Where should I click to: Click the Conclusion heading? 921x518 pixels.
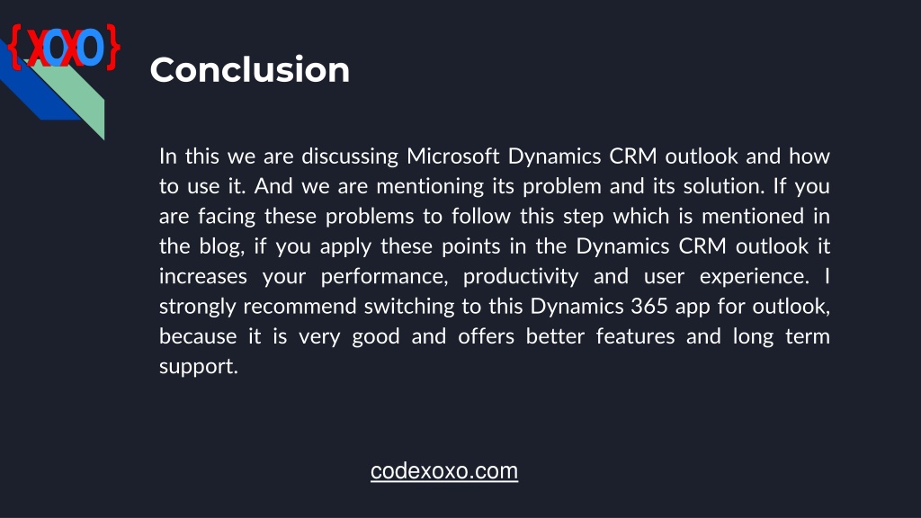click(x=250, y=70)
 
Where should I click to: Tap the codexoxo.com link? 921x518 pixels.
click(x=444, y=471)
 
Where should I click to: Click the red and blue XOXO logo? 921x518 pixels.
click(x=65, y=47)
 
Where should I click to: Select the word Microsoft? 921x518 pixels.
click(x=453, y=156)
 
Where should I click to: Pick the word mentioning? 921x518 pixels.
click(x=430, y=187)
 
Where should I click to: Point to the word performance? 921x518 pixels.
click(x=384, y=277)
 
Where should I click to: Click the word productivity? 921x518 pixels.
click(x=521, y=277)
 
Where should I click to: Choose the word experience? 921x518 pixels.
click(x=755, y=277)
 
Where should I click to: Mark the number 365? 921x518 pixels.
click(x=649, y=306)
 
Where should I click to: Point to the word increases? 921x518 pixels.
click(x=203, y=276)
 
